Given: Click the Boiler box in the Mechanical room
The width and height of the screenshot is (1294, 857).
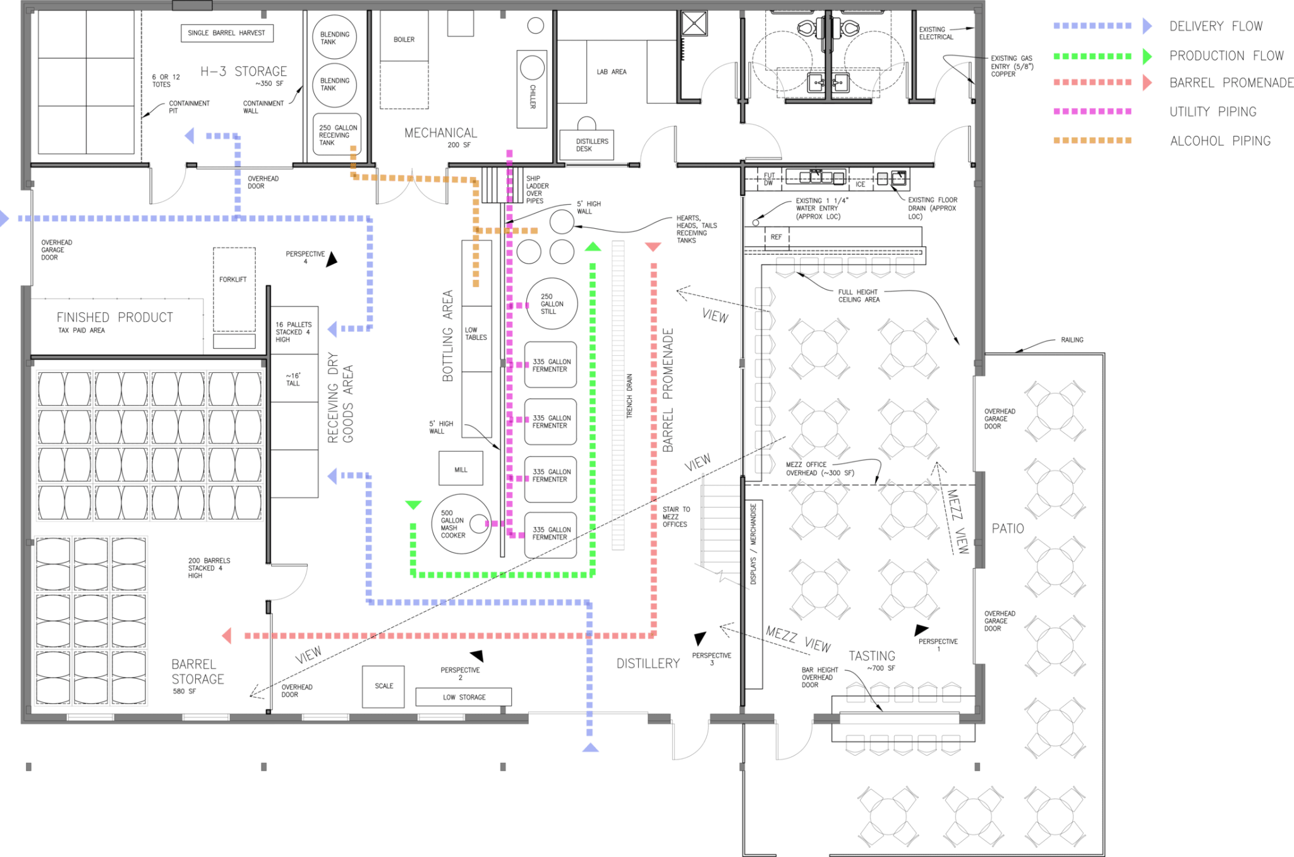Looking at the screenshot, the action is point(404,36).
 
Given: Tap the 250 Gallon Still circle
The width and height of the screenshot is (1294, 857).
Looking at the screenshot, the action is point(552,304).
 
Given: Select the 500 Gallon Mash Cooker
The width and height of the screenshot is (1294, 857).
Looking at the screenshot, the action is point(462,524).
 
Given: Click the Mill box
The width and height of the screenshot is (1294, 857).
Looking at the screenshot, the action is point(461,469).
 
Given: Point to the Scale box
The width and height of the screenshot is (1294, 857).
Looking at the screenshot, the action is point(384,686).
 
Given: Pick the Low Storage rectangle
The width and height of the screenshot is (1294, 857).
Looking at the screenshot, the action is point(464,697).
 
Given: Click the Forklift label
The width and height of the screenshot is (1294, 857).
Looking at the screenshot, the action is point(233,279).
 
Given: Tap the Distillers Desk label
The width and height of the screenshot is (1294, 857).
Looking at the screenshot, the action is point(592,145).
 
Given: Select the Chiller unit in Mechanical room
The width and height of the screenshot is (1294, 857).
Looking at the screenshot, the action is point(532,89).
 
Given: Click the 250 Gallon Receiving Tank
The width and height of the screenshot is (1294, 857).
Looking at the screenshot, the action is point(338,135).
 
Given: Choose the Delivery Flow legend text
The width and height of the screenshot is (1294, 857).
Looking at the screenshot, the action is point(1216,27).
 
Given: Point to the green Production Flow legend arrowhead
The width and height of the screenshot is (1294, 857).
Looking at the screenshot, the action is point(1147,56).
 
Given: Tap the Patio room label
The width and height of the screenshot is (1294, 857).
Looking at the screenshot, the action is point(1008,528).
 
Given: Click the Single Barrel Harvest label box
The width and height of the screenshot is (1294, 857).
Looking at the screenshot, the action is point(227,33).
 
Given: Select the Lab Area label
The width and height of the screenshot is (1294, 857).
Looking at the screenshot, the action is point(612,72).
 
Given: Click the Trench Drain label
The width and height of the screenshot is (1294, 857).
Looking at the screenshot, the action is point(629,396).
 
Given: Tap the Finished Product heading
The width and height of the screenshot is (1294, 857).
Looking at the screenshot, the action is point(115,317).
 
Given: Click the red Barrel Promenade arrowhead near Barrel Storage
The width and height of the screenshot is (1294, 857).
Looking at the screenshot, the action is point(227,636).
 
